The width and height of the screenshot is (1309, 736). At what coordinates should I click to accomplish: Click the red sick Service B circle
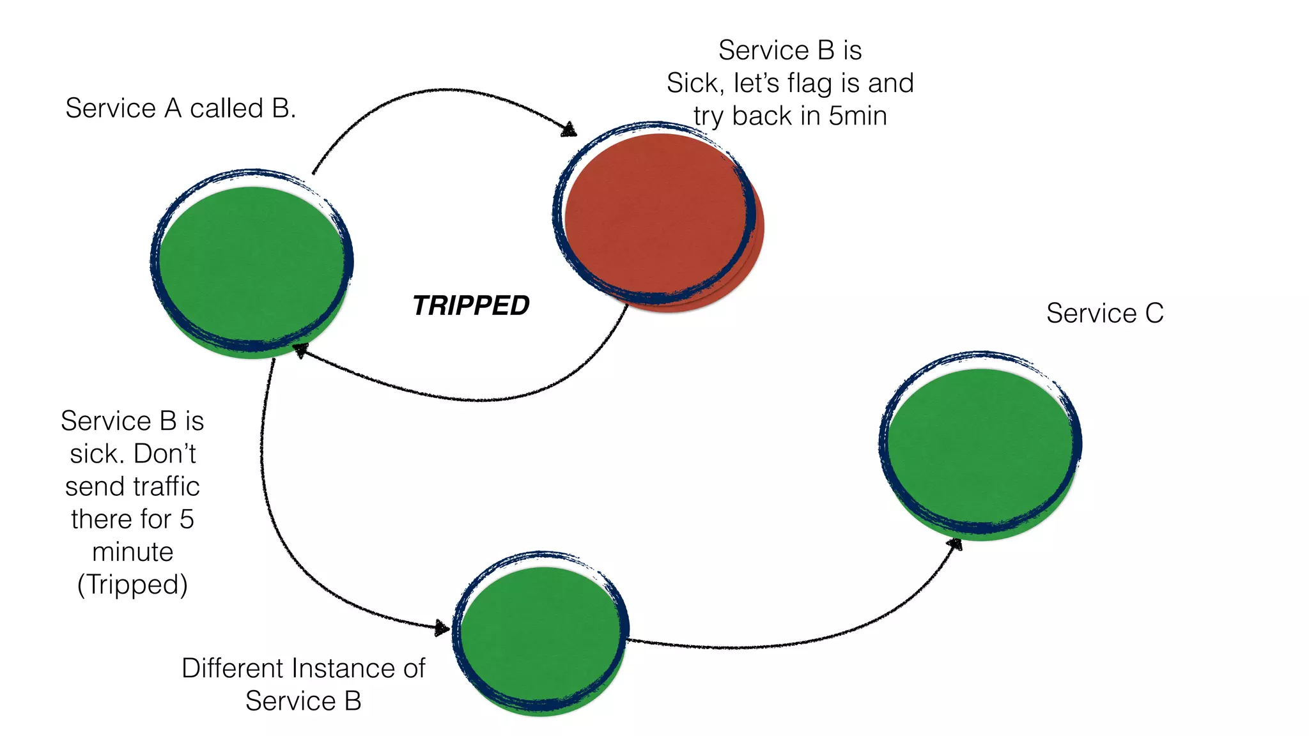[x=658, y=217]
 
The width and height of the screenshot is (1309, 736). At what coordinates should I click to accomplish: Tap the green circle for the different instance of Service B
[x=541, y=636]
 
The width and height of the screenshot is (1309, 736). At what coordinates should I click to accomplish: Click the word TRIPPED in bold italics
[x=471, y=305]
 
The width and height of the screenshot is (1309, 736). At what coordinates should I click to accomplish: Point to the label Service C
[x=1104, y=313]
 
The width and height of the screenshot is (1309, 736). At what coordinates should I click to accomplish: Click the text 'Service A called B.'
[x=180, y=108]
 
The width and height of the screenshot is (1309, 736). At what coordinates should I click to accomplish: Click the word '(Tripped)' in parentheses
[x=132, y=585]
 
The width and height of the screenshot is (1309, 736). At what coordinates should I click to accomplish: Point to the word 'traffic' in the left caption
[x=167, y=487]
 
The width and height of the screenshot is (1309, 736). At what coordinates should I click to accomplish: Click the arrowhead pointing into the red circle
[x=569, y=130]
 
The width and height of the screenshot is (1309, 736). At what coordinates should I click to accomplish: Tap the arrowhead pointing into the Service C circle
[x=955, y=544]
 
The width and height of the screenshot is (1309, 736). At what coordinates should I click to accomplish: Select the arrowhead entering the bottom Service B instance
[x=442, y=628]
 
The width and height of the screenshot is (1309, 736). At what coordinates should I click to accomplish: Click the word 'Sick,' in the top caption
[x=695, y=84]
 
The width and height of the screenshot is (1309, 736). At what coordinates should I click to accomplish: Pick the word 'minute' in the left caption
[x=132, y=552]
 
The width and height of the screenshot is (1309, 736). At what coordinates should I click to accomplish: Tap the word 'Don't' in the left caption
[x=165, y=454]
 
